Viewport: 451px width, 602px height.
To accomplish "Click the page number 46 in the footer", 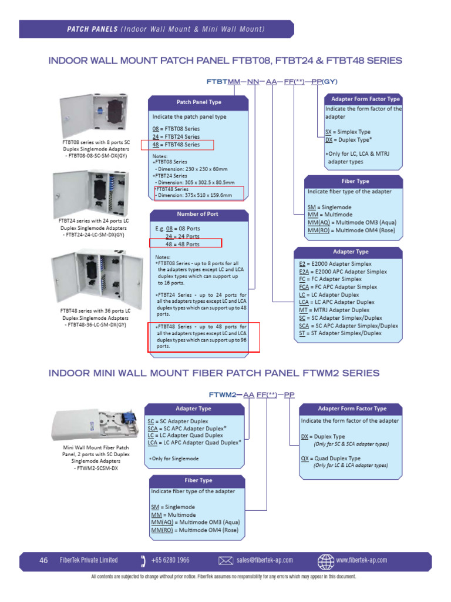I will [x=43, y=560].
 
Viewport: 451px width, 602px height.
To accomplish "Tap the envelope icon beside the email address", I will [x=225, y=560].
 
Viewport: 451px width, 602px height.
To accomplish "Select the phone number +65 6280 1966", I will [x=171, y=560].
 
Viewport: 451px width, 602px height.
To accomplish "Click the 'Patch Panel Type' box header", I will [x=198, y=102].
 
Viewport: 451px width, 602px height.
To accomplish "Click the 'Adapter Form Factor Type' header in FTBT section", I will [x=365, y=99].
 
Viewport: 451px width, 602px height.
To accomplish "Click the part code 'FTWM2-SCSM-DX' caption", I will [x=93, y=469].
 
